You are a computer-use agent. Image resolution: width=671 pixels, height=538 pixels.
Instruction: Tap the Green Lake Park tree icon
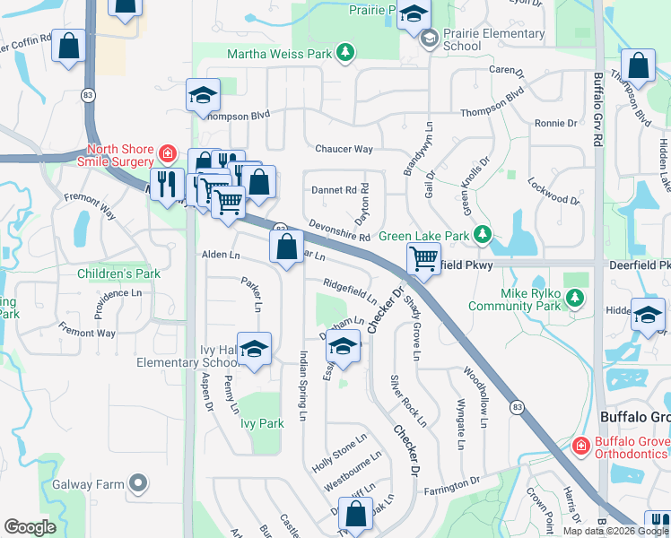pyautogui.click(x=484, y=235)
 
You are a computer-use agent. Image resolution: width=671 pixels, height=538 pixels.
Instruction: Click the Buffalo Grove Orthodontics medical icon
pyautogui.click(x=580, y=445)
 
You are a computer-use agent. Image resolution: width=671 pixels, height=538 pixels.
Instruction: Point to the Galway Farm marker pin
pyautogui.click(x=138, y=484)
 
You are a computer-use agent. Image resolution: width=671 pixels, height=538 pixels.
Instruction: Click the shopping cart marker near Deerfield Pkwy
pyautogui.click(x=423, y=259)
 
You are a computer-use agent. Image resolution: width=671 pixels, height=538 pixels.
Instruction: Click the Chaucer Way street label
pyautogui.click(x=344, y=149)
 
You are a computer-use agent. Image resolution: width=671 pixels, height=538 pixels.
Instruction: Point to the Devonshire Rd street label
pyautogui.click(x=339, y=231)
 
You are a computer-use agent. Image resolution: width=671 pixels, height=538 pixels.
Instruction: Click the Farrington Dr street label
pyautogui.click(x=452, y=487)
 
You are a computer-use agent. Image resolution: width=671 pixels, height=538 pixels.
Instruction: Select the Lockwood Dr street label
pyautogui.click(x=554, y=193)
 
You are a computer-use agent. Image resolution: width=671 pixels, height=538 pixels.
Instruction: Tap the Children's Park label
pyautogui.click(x=118, y=273)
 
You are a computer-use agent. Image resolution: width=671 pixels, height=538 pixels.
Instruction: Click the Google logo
pyautogui.click(x=30, y=528)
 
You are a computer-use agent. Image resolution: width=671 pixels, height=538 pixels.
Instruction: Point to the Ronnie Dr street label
pyautogui.click(x=555, y=123)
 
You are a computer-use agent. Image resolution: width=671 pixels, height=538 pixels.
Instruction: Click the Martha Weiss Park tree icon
pyautogui.click(x=345, y=54)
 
